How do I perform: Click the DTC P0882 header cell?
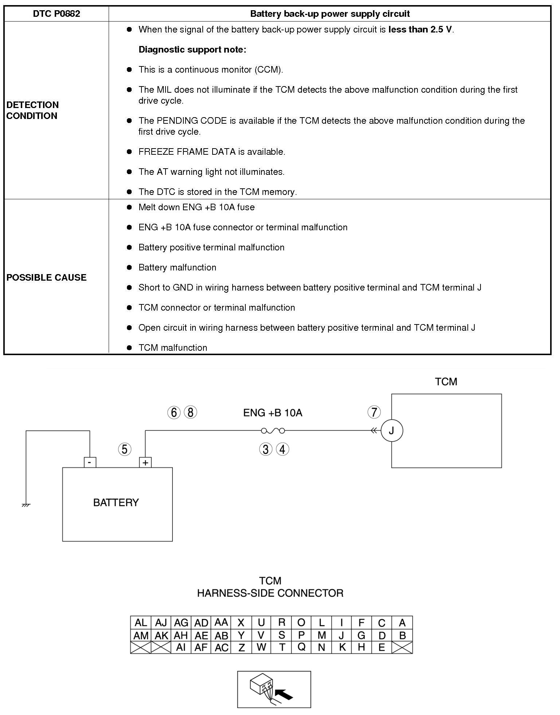[x=56, y=14]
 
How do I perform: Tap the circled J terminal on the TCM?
[x=392, y=431]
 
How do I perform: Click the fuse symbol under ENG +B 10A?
[x=273, y=431]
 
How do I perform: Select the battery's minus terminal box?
[x=90, y=462]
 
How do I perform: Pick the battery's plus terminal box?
[x=145, y=463]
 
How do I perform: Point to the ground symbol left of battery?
[x=26, y=505]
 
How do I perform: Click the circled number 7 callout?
[x=374, y=412]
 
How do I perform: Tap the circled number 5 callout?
[x=125, y=449]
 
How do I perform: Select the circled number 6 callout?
[x=174, y=412]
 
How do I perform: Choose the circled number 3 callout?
[x=265, y=449]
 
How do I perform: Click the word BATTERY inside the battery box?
[x=116, y=503]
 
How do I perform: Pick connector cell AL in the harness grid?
[x=140, y=623]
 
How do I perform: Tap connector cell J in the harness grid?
[x=342, y=635]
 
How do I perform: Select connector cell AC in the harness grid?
[x=221, y=647]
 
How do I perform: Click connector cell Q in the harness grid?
[x=301, y=647]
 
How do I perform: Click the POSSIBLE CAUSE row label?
[x=46, y=277]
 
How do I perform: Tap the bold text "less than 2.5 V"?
[x=420, y=30]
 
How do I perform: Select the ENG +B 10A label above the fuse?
[x=273, y=413]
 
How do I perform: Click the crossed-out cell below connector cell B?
[x=402, y=647]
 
